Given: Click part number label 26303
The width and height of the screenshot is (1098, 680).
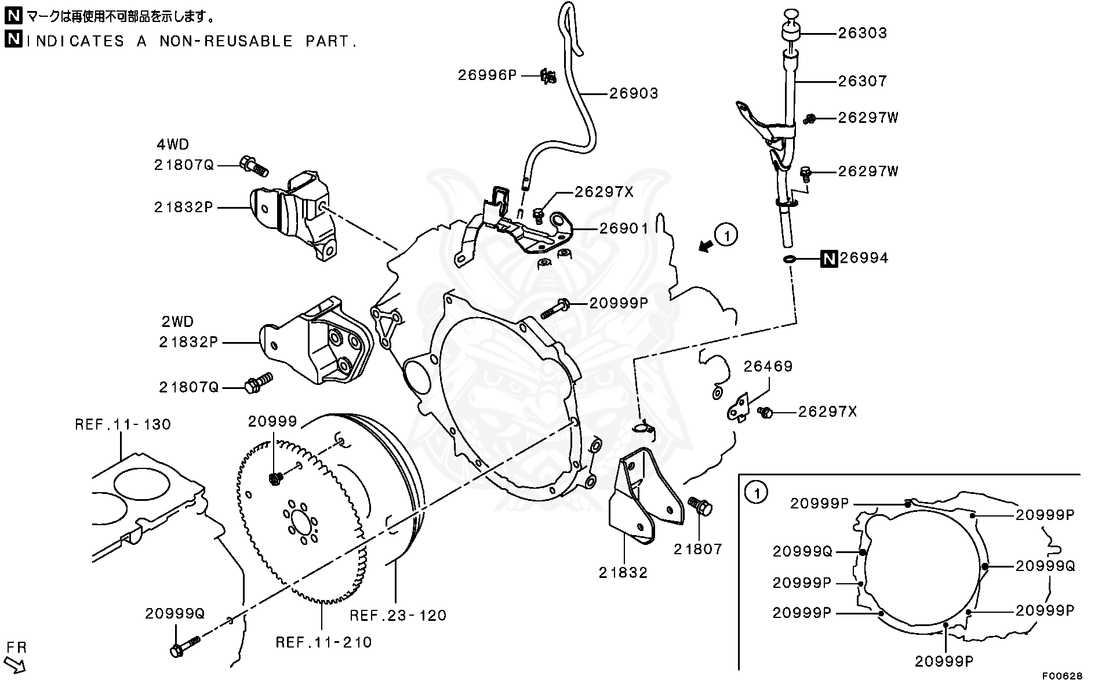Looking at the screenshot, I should (862, 33).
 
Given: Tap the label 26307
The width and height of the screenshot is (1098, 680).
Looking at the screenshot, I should (862, 81).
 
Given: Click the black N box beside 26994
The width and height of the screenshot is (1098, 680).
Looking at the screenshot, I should (829, 259).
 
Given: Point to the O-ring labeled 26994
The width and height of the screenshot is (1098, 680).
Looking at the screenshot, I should (789, 259).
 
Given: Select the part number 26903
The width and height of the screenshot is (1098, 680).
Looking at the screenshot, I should (634, 93).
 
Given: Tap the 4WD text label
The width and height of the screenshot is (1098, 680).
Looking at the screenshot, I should (173, 144).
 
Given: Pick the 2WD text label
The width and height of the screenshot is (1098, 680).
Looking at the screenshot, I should (177, 322).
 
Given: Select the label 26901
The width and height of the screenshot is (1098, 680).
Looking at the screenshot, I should (624, 228).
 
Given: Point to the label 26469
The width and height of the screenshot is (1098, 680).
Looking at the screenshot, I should (768, 366).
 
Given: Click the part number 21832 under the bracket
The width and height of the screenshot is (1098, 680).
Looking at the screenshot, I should (623, 573).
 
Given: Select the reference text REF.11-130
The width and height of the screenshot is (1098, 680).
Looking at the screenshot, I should (123, 424).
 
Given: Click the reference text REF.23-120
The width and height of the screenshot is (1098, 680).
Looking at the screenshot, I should (398, 615).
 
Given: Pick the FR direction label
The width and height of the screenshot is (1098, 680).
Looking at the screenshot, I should (17, 647).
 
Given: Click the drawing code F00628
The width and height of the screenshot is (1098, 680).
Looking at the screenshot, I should (1062, 675).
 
